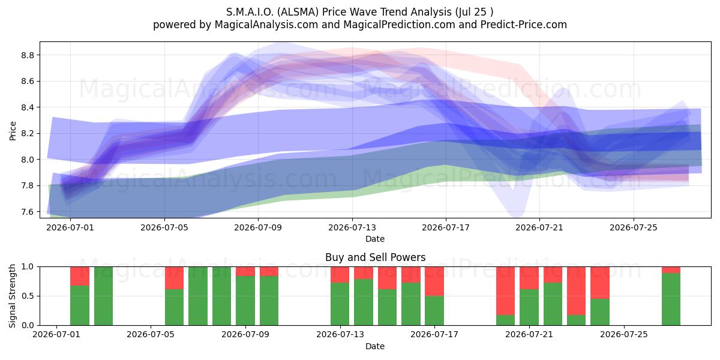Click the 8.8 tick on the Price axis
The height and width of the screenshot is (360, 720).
(x=28, y=55)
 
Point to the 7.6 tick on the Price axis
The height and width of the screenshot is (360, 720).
(x=28, y=212)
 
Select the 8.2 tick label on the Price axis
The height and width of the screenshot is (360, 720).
(x=28, y=133)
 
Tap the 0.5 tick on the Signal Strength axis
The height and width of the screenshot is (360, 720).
(x=28, y=296)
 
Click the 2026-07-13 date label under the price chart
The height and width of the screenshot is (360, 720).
(x=352, y=227)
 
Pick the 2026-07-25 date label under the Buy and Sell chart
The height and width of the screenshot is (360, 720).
(x=624, y=334)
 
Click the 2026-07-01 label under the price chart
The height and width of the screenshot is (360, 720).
(x=70, y=227)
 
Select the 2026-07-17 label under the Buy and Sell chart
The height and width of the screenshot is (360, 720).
(x=434, y=334)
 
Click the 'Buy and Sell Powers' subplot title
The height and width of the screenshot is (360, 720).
(x=375, y=257)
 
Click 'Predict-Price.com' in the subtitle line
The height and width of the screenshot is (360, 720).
(x=524, y=25)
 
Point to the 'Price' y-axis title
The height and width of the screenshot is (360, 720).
(x=13, y=131)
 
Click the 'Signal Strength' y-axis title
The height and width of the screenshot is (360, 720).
(x=12, y=296)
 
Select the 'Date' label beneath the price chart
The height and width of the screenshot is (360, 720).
(x=375, y=239)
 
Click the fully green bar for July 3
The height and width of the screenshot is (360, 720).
(x=103, y=296)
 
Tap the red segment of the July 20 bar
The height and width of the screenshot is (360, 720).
(x=505, y=291)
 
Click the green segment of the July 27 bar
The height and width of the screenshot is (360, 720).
(x=671, y=299)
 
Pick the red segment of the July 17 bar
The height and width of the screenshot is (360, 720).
(x=434, y=281)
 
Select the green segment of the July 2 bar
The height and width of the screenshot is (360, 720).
(x=80, y=305)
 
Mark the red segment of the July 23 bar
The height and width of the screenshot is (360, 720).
(x=577, y=291)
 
